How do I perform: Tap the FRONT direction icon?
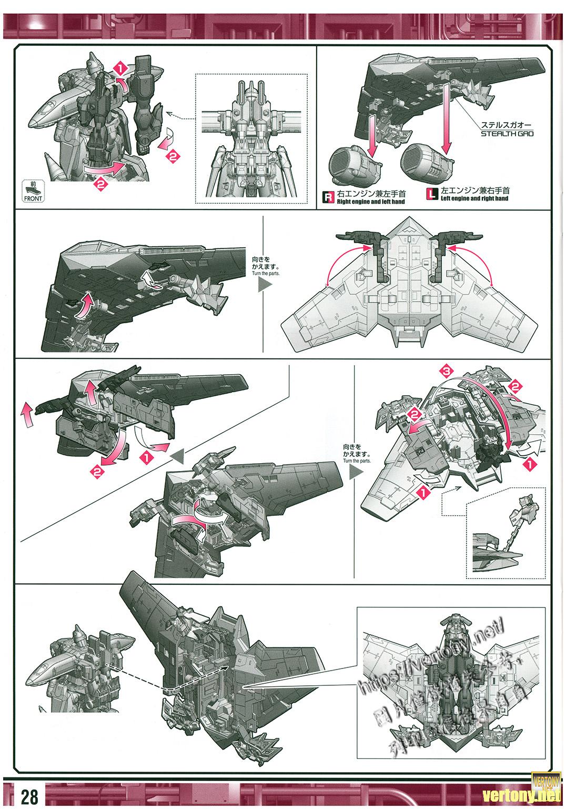tap(33, 192)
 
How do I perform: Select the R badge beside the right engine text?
tap(328, 197)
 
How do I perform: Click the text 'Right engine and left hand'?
tap(371, 201)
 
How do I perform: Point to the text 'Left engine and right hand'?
tap(474, 198)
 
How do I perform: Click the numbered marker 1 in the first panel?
tap(120, 68)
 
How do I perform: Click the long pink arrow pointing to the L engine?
tap(448, 119)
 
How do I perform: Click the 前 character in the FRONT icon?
tap(33, 185)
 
